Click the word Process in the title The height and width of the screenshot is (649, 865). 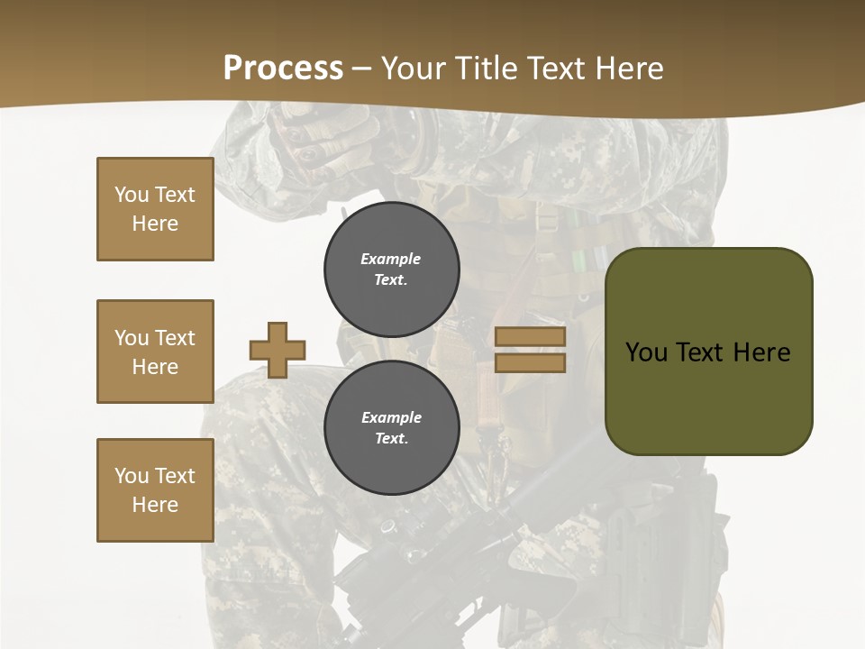pos(283,69)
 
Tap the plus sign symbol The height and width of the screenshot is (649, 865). pos(277,350)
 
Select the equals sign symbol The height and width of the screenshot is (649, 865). pos(531,350)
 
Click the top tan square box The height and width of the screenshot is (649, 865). pos(155,209)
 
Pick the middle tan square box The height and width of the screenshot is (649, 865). pos(155,352)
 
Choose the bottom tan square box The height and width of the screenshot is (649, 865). pos(155,490)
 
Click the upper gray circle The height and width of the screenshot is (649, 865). pos(391,269)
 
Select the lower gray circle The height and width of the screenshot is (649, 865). pos(391,427)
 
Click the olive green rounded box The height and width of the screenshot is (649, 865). pos(708,352)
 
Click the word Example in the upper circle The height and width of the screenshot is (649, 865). pos(391,259)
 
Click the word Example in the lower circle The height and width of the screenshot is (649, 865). pos(391,417)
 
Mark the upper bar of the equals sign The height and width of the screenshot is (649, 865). pos(531,337)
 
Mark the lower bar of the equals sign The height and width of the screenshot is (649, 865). pos(531,362)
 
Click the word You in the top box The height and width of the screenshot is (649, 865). pos(132,195)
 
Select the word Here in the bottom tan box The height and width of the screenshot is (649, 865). pos(155,505)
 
